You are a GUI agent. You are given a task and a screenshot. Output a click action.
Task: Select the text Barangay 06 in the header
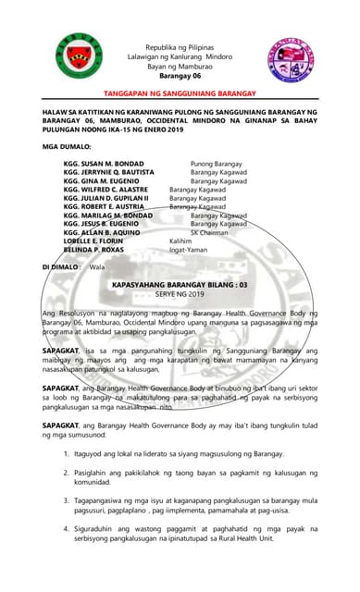179,77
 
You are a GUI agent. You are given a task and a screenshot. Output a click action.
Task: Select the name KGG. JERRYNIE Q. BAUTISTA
110,173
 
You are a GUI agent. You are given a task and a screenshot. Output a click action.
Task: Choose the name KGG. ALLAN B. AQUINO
103,232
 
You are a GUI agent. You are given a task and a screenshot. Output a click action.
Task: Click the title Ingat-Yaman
191,249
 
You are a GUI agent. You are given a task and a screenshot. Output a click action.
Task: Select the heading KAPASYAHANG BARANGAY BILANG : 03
179,286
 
